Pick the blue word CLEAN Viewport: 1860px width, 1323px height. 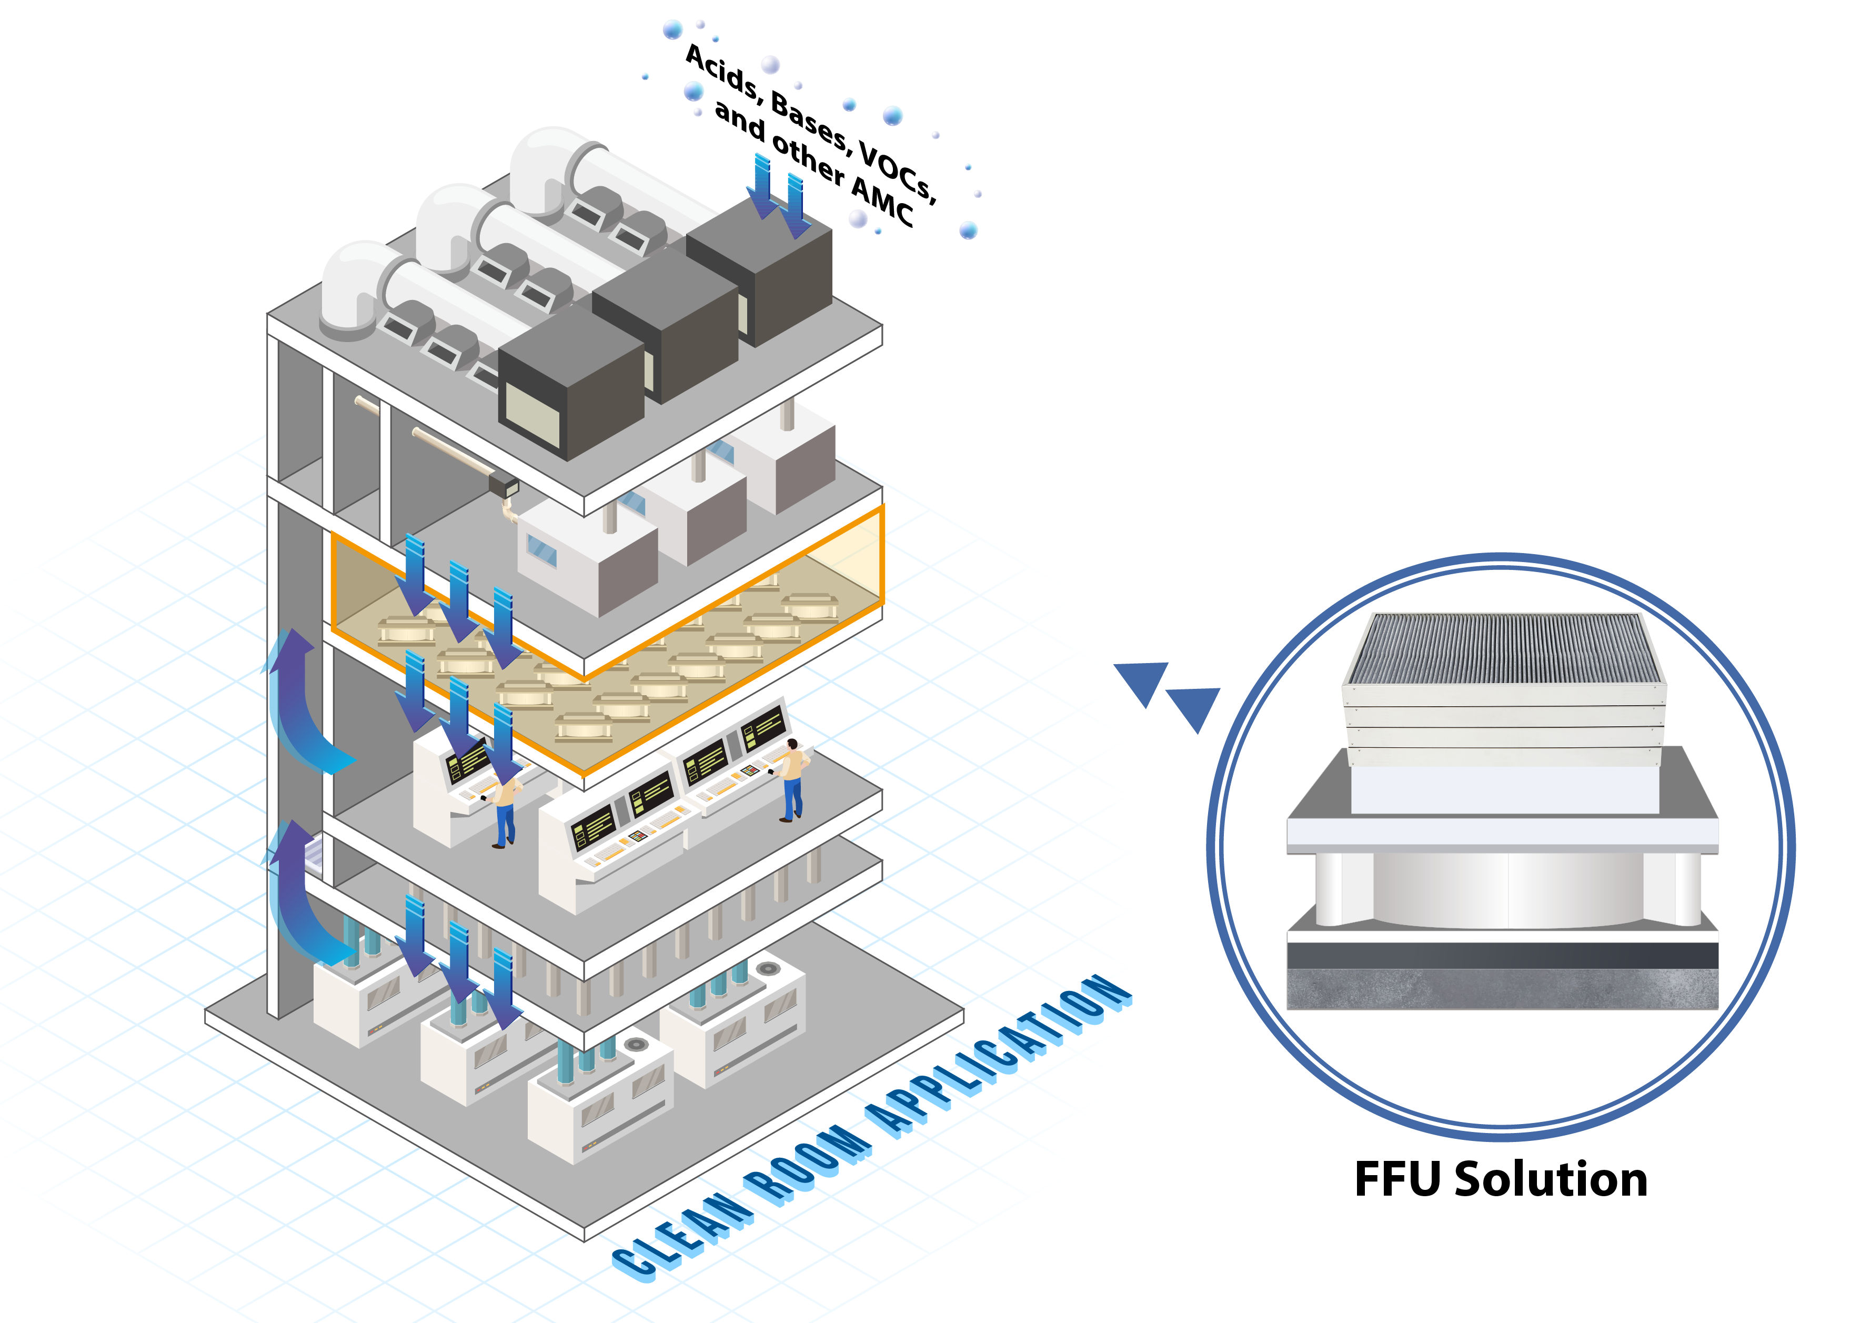tap(682, 1236)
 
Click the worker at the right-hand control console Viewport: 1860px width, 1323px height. tap(791, 779)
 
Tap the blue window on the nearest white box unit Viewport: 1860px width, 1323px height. tap(541, 550)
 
